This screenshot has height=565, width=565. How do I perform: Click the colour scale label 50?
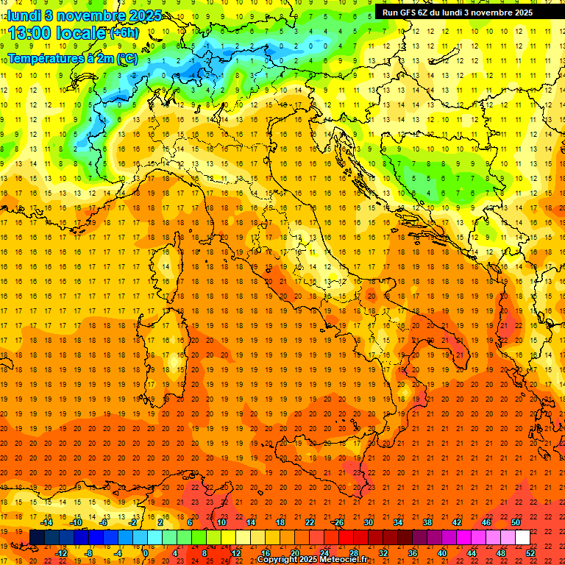pyautogui.click(x=515, y=522)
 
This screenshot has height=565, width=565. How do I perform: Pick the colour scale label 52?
pyautogui.click(x=531, y=553)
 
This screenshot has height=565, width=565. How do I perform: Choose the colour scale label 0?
pyautogui.click(x=146, y=553)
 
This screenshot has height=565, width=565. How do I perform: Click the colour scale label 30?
pyautogui.click(x=368, y=522)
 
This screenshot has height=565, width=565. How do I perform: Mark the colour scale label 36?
pyautogui.click(x=412, y=553)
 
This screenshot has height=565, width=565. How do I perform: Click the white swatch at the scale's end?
pyautogui.click(x=522, y=538)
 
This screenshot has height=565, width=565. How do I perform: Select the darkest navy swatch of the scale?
pyautogui.click(x=37, y=538)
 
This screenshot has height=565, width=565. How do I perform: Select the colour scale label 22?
pyautogui.click(x=309, y=522)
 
